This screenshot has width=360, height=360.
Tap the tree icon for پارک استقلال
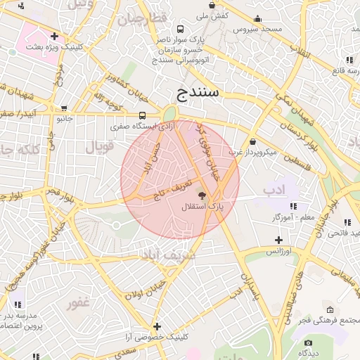[x=202, y=196]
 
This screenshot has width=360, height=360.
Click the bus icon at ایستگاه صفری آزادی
[x=143, y=116]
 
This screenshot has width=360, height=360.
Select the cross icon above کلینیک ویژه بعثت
[x=54, y=36]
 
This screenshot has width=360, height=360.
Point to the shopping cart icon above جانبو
[x=64, y=109]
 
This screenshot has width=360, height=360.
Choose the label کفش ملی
[x=211, y=14]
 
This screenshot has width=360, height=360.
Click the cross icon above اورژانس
[x=278, y=240]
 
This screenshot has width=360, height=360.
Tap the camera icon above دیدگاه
[x=308, y=342]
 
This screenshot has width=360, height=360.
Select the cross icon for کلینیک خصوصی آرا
[x=157, y=326]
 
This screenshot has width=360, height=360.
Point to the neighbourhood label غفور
[x=78, y=304]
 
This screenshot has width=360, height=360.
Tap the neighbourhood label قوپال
[x=99, y=147]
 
